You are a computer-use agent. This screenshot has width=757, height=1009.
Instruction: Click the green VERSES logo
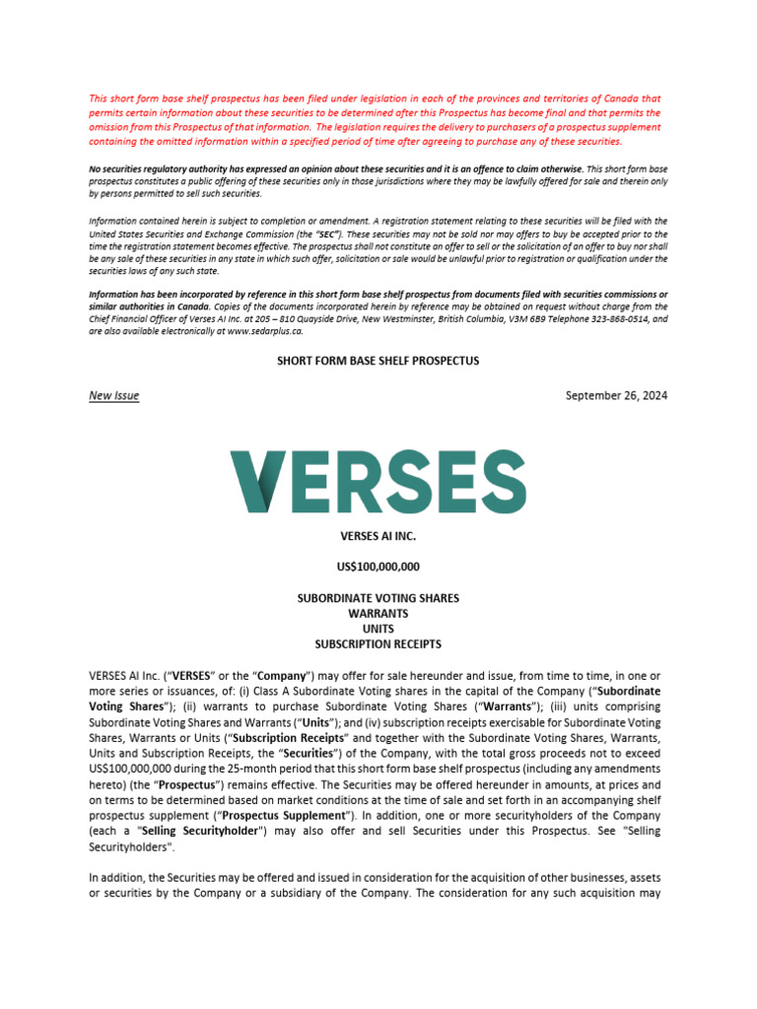pos(378,481)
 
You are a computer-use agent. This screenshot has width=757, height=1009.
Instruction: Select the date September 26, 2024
pos(616,396)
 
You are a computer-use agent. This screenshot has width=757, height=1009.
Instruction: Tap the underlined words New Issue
pos(113,396)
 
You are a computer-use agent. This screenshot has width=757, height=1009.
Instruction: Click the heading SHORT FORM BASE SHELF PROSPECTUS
pos(378,361)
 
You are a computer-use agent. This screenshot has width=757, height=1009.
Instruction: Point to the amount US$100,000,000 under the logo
pos(378,567)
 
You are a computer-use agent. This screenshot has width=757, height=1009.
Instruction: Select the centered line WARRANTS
pos(378,613)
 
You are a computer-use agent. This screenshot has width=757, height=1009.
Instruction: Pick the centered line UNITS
pos(378,629)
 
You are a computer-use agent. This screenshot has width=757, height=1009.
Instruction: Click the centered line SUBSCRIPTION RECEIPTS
pos(378,644)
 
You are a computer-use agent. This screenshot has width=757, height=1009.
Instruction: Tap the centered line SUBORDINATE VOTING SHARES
pos(378,598)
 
